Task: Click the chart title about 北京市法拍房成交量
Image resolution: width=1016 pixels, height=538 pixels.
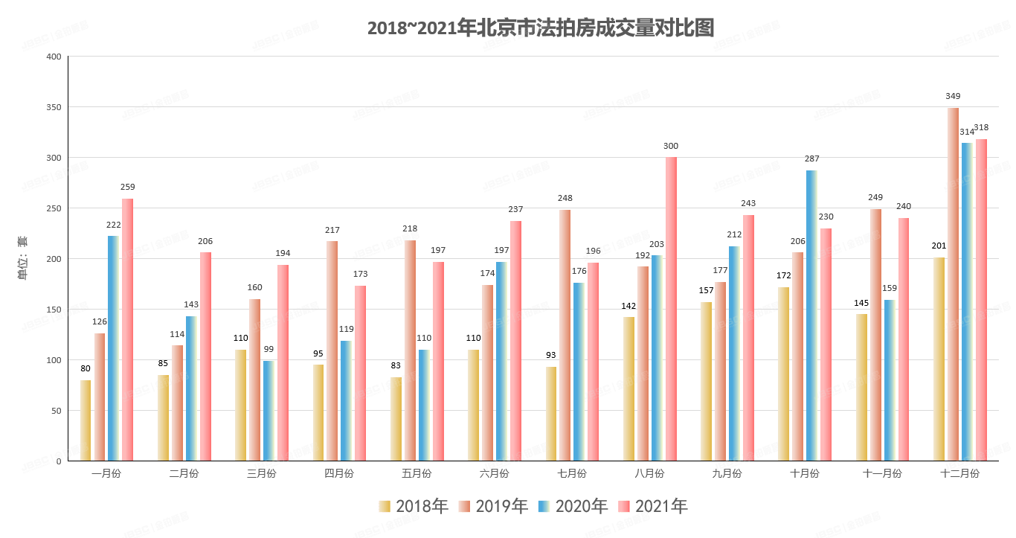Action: [x=540, y=28]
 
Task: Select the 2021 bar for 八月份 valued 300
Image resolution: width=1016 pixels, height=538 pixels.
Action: [x=671, y=309]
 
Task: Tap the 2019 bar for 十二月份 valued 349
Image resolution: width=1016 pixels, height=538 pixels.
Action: [x=953, y=284]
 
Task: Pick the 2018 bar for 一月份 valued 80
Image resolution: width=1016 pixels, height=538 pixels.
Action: [x=86, y=420]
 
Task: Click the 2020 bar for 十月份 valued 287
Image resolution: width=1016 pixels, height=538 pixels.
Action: [x=811, y=316]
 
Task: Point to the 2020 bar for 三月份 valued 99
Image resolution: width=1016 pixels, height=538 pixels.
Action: [x=269, y=411]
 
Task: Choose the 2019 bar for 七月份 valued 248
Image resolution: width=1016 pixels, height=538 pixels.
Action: [x=565, y=335]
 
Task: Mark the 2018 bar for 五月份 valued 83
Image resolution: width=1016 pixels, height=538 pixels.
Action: [x=396, y=419]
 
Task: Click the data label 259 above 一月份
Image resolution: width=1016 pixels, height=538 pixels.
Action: [x=127, y=187]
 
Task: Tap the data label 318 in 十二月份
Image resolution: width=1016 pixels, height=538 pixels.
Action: [x=981, y=127]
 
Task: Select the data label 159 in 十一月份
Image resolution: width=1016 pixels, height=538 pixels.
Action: [x=890, y=288]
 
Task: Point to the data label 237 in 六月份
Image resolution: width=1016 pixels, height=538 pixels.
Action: [x=515, y=209]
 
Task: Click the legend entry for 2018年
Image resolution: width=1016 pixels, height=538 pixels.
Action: [x=414, y=507]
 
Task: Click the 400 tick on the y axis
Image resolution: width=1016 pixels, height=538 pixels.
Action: [x=54, y=57]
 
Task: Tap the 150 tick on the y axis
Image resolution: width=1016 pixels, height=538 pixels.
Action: [x=54, y=310]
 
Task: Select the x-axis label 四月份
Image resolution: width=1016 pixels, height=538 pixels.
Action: [x=339, y=473]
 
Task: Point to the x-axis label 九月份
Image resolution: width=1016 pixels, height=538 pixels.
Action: [x=727, y=473]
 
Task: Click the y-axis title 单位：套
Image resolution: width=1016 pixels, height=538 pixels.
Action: [x=22, y=258]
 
